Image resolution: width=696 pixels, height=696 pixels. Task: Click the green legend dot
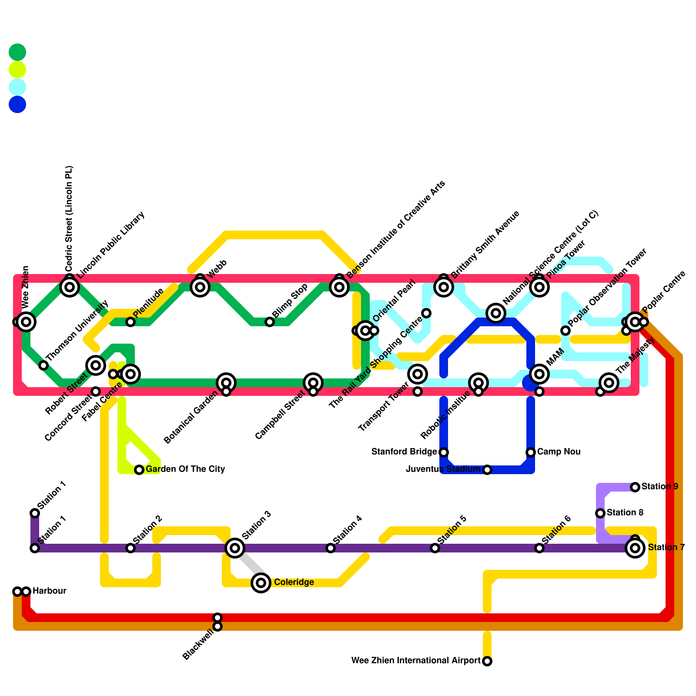(x=17, y=52)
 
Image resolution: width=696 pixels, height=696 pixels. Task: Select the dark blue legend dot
(x=17, y=104)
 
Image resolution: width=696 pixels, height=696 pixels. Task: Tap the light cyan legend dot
(x=17, y=87)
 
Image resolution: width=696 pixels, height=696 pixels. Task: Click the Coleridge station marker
(x=261, y=582)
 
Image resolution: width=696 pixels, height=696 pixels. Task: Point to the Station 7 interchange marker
(x=635, y=548)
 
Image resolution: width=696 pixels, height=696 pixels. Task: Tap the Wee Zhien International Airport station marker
(x=487, y=661)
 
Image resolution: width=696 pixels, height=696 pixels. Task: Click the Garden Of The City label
(x=185, y=469)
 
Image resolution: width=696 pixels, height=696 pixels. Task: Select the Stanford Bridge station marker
(x=444, y=452)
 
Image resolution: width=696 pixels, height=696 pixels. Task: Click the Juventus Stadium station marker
(x=487, y=470)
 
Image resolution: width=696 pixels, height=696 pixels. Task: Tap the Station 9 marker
(x=635, y=487)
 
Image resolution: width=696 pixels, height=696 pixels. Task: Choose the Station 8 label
(x=625, y=513)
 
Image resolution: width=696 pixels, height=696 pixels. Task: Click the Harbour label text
(x=49, y=591)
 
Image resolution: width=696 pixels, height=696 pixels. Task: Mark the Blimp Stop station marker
(x=270, y=322)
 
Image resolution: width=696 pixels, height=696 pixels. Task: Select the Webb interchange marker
(x=200, y=287)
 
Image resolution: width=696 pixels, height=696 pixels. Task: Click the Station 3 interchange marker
(x=235, y=548)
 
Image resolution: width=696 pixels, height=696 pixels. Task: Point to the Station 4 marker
(x=331, y=548)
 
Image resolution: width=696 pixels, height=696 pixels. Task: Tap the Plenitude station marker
(x=130, y=322)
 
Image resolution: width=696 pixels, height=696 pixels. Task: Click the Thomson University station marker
(x=43, y=365)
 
